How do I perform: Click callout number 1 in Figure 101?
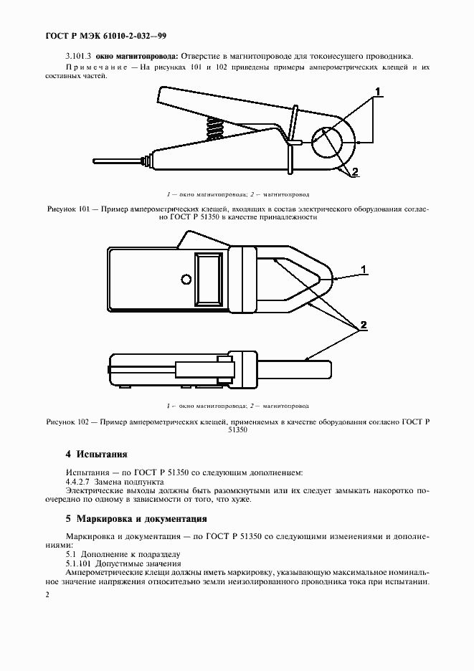point(378,91)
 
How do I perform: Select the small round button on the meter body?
point(186,278)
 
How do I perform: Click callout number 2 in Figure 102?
point(364,325)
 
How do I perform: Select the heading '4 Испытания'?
point(96,454)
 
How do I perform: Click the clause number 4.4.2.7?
point(80,482)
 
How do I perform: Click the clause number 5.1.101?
point(81,564)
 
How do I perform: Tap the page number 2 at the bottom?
point(47,595)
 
